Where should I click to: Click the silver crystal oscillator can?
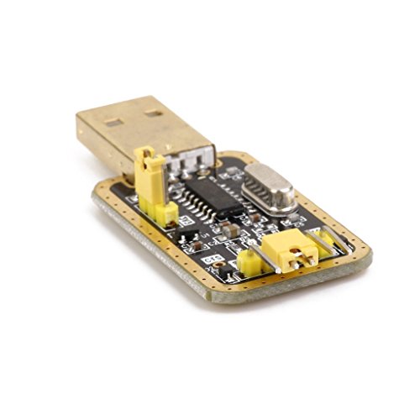pyautogui.click(x=270, y=186)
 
